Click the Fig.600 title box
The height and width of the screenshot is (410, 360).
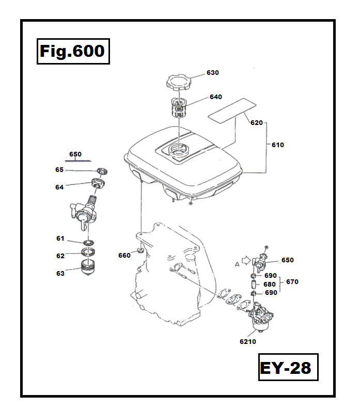click(73, 51)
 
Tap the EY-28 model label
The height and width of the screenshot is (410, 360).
click(285, 368)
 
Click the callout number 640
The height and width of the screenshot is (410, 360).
click(215, 97)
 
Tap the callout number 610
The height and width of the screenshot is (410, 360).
click(278, 145)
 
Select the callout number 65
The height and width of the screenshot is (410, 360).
click(59, 170)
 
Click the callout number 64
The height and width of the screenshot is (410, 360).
click(59, 187)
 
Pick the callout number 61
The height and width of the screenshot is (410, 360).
click(60, 239)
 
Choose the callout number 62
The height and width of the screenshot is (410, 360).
click(60, 255)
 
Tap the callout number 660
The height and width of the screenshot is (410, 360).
click(124, 255)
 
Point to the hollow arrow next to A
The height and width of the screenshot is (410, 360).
click(246, 261)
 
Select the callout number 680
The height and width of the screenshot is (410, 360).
click(270, 284)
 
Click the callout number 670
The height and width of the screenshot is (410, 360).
click(292, 282)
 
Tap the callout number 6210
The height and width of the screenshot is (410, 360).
click(248, 341)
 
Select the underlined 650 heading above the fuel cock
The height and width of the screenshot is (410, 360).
click(75, 154)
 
